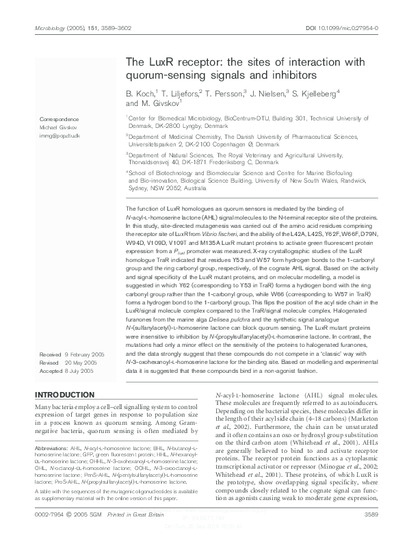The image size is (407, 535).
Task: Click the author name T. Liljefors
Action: click(180, 92)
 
